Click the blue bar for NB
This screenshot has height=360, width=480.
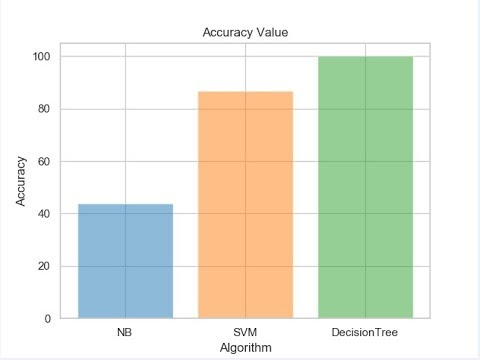coord(126,261)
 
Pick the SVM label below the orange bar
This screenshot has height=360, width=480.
coord(245,331)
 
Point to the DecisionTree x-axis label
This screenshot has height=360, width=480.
coord(365,331)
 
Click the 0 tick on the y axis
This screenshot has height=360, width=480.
coord(49,318)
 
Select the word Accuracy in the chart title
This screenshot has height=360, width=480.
coord(226,32)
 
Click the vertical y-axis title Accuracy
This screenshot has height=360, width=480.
coord(21,182)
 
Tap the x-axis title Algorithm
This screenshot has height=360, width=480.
coord(245,346)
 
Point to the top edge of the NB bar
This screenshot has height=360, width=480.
coord(126,204)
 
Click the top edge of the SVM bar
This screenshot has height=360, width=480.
coord(245,92)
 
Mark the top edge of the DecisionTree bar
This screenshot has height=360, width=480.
coord(365,57)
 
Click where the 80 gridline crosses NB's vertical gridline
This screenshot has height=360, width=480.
coord(126,109)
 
